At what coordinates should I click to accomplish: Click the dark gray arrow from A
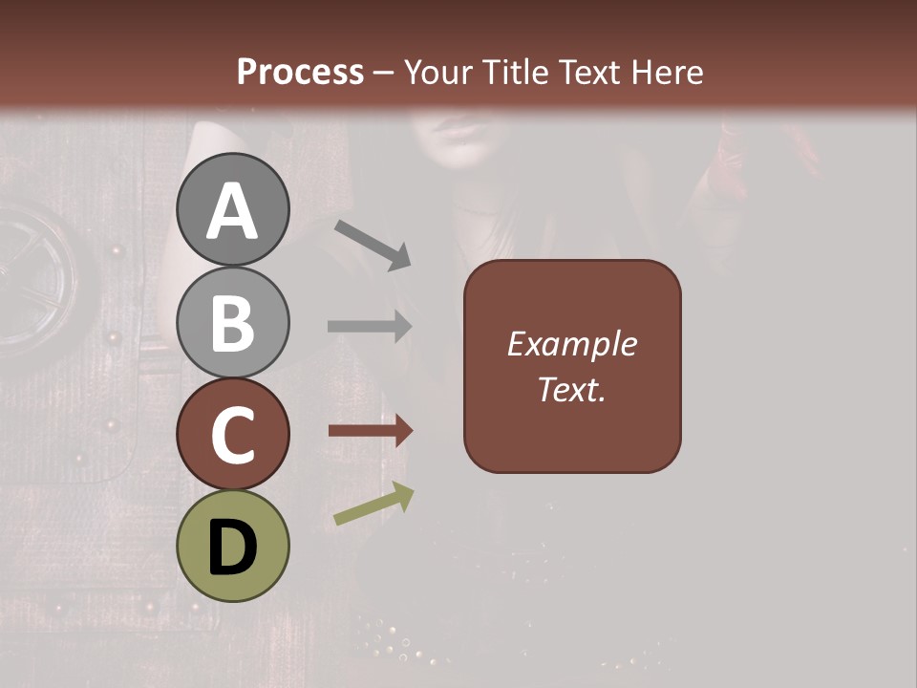(373, 244)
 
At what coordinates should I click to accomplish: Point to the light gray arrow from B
(369, 326)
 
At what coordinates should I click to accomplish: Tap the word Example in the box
(572, 344)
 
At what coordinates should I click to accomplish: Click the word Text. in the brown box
(572, 390)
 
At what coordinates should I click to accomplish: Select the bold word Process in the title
(300, 72)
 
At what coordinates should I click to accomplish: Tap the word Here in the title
(669, 72)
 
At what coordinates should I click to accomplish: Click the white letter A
(232, 212)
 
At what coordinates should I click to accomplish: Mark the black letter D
(232, 548)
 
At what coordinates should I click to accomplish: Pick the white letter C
(232, 435)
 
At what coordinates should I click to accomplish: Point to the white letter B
(232, 322)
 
